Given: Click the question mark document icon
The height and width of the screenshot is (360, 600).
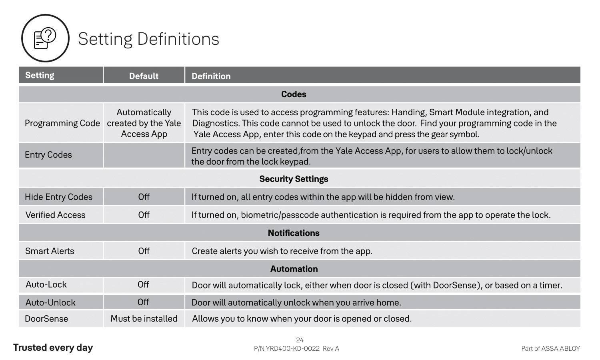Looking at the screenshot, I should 45,38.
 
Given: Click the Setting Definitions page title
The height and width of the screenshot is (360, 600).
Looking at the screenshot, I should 148,39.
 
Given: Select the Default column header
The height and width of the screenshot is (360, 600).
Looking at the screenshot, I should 144,76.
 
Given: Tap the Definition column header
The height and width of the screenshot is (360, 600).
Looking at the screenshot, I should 211,76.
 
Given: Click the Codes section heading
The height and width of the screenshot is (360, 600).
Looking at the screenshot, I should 294,94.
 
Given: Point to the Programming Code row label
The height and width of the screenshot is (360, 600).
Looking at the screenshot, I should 62,123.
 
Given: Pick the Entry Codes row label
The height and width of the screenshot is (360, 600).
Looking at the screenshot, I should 48,155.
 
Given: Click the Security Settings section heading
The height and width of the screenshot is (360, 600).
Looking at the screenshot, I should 294,179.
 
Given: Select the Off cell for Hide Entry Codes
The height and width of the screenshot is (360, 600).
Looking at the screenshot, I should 144,197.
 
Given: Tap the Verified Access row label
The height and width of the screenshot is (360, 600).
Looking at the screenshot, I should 55,215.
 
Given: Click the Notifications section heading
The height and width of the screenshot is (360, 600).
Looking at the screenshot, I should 294,233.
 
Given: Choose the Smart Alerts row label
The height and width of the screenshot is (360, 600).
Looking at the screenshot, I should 50,251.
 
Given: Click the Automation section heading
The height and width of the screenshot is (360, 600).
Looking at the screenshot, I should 294,269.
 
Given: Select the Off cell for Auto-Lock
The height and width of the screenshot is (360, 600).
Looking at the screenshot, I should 143,284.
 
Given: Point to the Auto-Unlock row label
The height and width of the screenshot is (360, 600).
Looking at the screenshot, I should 50,302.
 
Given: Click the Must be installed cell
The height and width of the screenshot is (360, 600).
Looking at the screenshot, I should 144,318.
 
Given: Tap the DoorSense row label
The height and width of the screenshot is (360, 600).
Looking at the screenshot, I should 46,318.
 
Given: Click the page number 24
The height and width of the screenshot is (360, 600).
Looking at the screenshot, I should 300,340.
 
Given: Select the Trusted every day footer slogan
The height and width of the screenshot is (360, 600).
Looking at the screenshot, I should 53,347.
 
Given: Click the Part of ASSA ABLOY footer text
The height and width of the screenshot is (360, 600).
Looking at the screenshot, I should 550,348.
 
